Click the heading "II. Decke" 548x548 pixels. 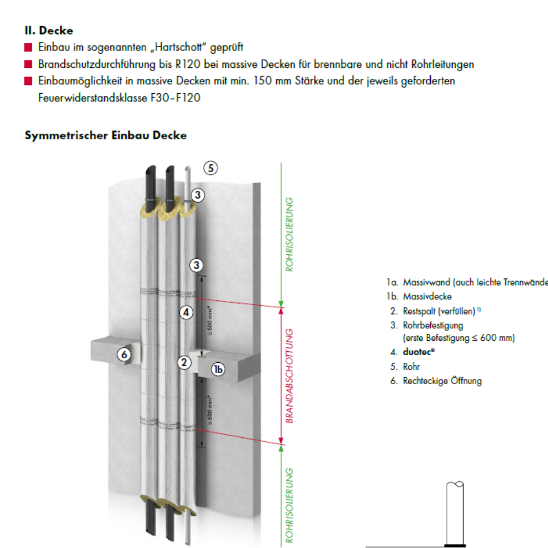(x=49, y=31)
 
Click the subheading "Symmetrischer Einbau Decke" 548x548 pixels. (x=106, y=135)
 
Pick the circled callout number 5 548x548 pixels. (x=211, y=168)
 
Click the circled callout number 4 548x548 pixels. (x=186, y=312)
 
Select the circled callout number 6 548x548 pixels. (x=125, y=355)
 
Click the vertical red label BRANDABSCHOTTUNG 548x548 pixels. (x=291, y=375)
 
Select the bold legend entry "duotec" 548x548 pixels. (x=417, y=353)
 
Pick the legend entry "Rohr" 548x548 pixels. (x=412, y=367)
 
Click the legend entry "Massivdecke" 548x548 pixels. (x=427, y=296)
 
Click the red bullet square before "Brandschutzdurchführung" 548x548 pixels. (x=28, y=65)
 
